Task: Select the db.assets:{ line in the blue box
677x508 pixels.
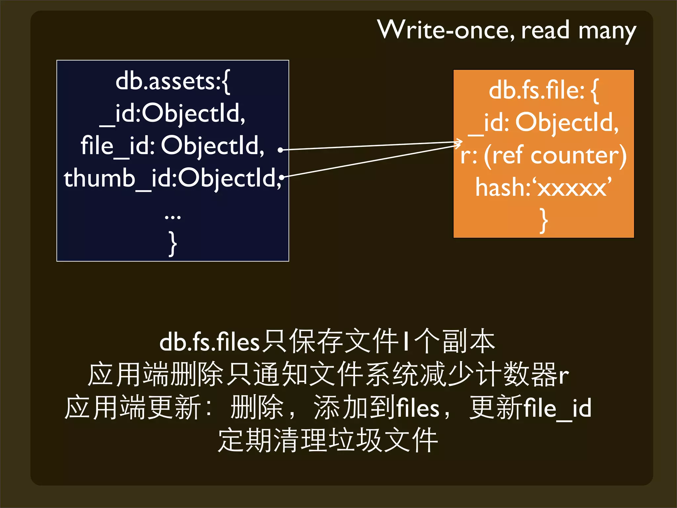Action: [173, 81]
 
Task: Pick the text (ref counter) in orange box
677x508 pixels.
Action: [555, 155]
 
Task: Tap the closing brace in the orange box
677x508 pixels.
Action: [543, 220]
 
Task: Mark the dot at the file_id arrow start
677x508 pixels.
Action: [280, 150]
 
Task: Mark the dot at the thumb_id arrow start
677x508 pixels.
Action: [282, 177]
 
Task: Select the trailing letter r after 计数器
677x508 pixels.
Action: [564, 375]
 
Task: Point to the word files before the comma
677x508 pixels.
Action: [418, 408]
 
